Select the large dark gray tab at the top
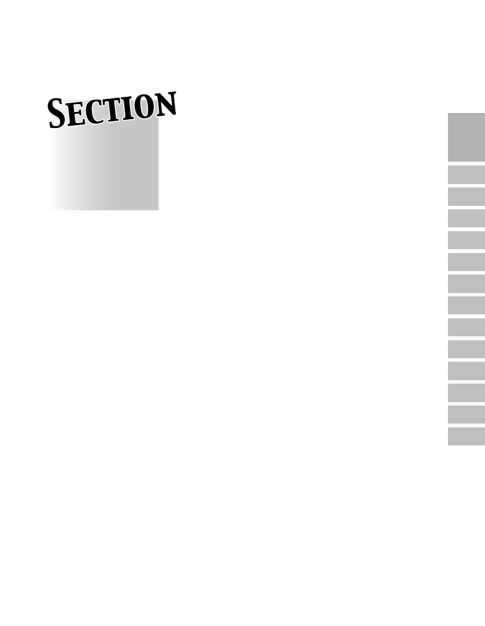(466, 137)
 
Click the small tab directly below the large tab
(466, 175)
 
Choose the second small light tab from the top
(466, 197)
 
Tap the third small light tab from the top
(466, 219)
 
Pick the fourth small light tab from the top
(466, 240)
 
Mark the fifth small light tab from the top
(466, 262)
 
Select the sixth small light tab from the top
(466, 284)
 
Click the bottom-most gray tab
(466, 437)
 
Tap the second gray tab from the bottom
(466, 415)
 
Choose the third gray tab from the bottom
(466, 393)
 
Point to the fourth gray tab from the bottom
(466, 371)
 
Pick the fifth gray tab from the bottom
(466, 350)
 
